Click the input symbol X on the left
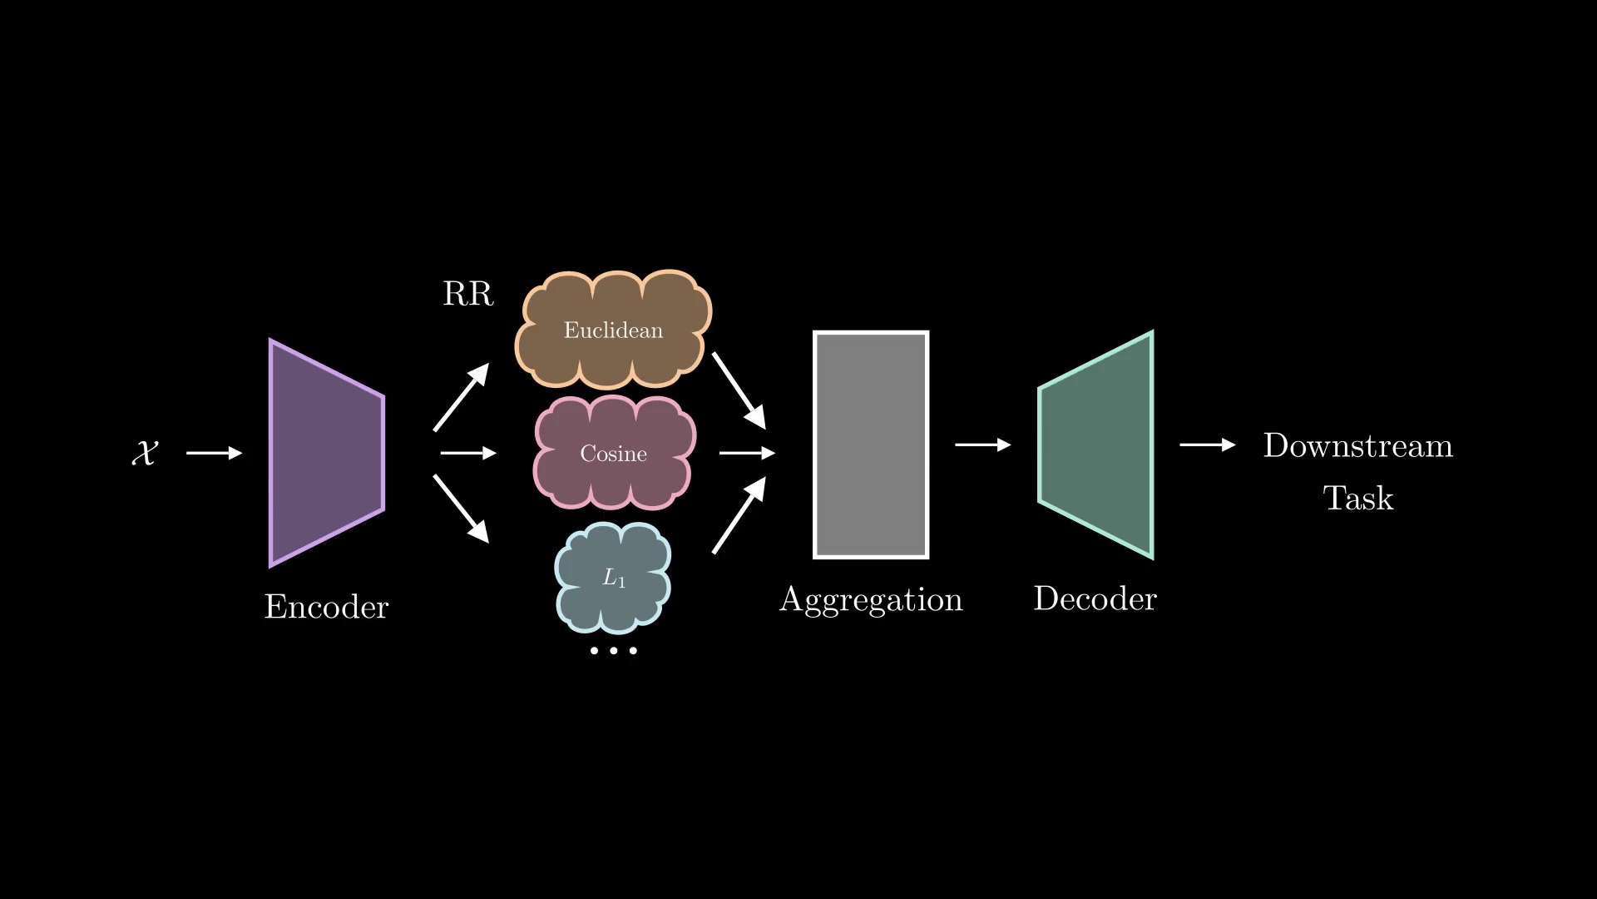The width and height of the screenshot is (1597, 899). click(x=145, y=453)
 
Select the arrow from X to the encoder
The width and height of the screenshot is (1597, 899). click(x=214, y=453)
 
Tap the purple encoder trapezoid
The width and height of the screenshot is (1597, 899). click(x=326, y=453)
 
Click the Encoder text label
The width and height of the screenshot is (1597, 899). click(x=326, y=607)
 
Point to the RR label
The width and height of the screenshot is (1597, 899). click(x=467, y=294)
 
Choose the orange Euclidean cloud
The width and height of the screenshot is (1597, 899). click(x=613, y=330)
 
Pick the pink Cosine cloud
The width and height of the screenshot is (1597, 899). click(x=613, y=453)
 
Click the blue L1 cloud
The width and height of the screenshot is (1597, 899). click(x=613, y=578)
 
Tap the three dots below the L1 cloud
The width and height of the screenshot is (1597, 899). click(x=613, y=650)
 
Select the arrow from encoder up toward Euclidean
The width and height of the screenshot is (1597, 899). click(x=461, y=397)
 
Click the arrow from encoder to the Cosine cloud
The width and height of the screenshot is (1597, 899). click(x=467, y=453)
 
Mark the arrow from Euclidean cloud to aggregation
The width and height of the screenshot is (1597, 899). click(x=739, y=390)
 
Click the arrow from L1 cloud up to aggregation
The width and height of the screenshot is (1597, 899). click(x=739, y=515)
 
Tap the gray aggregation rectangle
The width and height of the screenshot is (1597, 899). click(x=871, y=445)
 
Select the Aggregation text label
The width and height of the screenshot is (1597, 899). click(x=871, y=599)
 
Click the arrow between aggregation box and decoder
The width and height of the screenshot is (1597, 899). click(x=982, y=445)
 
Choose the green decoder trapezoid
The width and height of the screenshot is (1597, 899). click(x=1096, y=445)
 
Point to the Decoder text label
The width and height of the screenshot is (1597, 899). click(x=1095, y=599)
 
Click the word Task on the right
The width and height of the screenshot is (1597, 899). click(x=1357, y=498)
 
